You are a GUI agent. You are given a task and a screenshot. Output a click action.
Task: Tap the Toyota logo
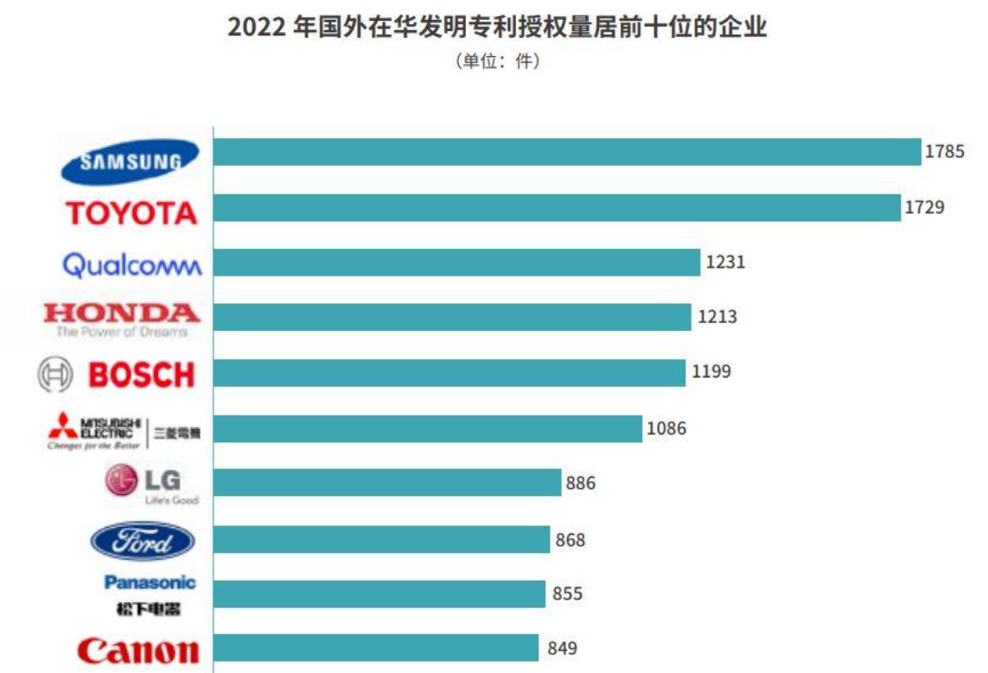click(131, 213)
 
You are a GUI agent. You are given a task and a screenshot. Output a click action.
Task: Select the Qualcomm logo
click(132, 264)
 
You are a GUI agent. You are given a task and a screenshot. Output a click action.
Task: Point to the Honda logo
click(122, 319)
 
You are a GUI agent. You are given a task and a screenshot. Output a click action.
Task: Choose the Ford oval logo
click(143, 542)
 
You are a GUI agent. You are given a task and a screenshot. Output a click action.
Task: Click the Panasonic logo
click(150, 594)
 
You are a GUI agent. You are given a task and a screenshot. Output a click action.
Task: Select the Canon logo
click(137, 650)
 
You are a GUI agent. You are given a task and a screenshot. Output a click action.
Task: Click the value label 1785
click(944, 151)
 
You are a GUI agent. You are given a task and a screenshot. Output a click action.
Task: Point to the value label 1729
click(925, 207)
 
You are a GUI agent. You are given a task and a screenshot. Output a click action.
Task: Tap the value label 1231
click(725, 262)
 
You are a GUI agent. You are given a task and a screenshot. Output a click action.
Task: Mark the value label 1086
click(666, 427)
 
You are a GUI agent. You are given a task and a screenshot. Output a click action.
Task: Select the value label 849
click(562, 647)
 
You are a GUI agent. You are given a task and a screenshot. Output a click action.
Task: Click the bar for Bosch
click(449, 373)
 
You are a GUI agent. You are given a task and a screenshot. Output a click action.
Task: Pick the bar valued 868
click(381, 539)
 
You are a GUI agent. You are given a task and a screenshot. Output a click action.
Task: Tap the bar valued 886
click(387, 482)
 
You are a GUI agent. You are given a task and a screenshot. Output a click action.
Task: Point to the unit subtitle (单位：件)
click(497, 61)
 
